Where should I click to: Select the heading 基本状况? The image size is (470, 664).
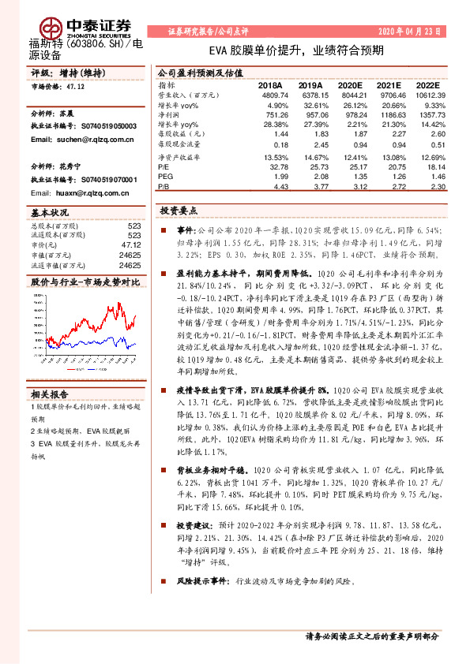(x=48, y=213)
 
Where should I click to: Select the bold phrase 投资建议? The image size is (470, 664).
(x=194, y=524)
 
